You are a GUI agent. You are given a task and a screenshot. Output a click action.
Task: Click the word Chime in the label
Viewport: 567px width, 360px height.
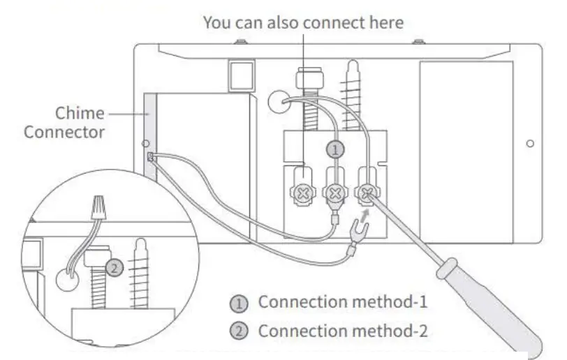point(80,113)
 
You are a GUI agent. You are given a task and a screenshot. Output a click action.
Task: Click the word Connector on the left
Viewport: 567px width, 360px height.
point(64,131)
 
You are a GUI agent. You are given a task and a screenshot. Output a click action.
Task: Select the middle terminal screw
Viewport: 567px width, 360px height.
point(337,193)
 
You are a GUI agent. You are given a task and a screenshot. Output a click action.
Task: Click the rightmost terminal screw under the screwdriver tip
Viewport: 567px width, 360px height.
point(368,192)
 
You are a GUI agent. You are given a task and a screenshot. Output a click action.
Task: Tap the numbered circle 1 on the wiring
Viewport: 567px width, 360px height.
point(337,149)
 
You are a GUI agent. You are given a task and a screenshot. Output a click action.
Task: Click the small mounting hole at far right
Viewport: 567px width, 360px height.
point(531,143)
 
